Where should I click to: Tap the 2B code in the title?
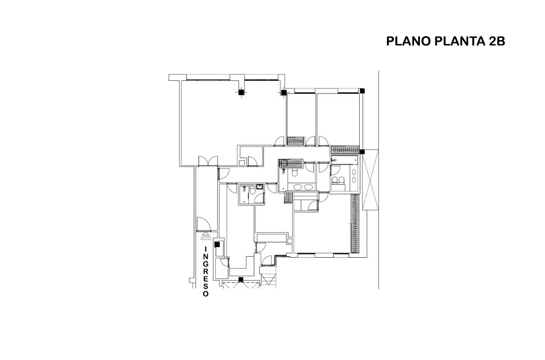click(x=497, y=42)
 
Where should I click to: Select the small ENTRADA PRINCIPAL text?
click(x=206, y=239)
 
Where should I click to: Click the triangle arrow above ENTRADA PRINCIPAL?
click(x=206, y=234)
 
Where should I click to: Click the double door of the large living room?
click(x=207, y=160)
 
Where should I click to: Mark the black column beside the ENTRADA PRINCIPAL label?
click(x=217, y=244)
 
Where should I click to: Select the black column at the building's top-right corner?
click(x=362, y=90)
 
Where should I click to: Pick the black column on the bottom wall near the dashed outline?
click(x=241, y=279)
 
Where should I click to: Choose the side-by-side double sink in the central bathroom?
click(x=301, y=187)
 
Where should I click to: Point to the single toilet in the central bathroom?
click(x=294, y=174)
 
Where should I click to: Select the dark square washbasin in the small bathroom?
click(x=259, y=187)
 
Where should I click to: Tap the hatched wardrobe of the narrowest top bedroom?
click(x=295, y=141)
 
